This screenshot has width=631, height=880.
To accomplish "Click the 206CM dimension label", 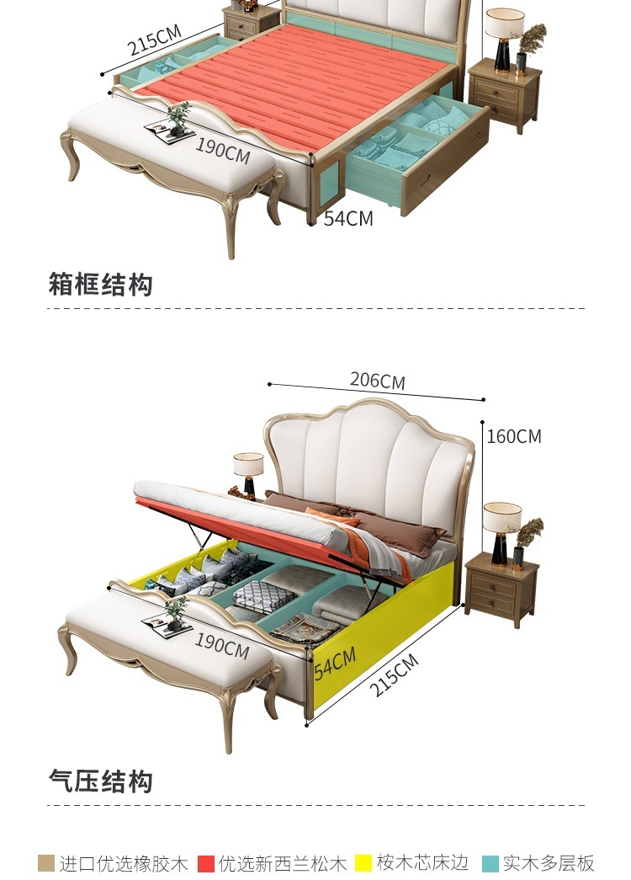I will click(378, 381).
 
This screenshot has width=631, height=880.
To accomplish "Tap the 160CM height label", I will click(514, 436).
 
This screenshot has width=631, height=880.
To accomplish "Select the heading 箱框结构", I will click(101, 285).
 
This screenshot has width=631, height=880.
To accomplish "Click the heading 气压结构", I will click(101, 781).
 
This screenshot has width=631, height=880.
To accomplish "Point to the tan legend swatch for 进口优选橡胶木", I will click(46, 863).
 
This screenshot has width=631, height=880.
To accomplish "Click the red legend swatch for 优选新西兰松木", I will click(206, 863).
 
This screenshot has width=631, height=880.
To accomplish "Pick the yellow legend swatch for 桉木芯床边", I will click(363, 863).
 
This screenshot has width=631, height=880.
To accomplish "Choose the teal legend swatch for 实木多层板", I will click(490, 863).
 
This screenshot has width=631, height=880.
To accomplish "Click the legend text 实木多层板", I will click(549, 863).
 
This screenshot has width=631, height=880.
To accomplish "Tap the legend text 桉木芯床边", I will click(422, 863).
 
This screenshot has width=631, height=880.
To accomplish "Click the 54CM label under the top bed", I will click(348, 218).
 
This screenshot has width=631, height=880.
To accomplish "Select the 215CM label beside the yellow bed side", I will click(394, 675).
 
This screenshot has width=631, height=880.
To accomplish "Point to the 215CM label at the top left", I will click(155, 40).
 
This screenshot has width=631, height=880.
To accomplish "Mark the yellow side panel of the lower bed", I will click(395, 623).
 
